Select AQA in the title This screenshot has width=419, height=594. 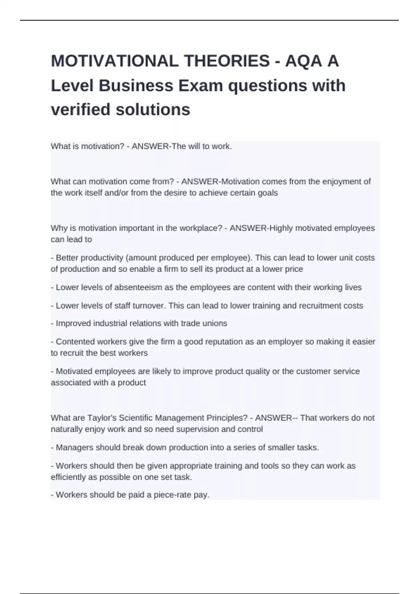(x=303, y=61)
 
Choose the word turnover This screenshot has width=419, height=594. (x=149, y=306)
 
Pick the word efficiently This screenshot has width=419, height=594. (x=68, y=477)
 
